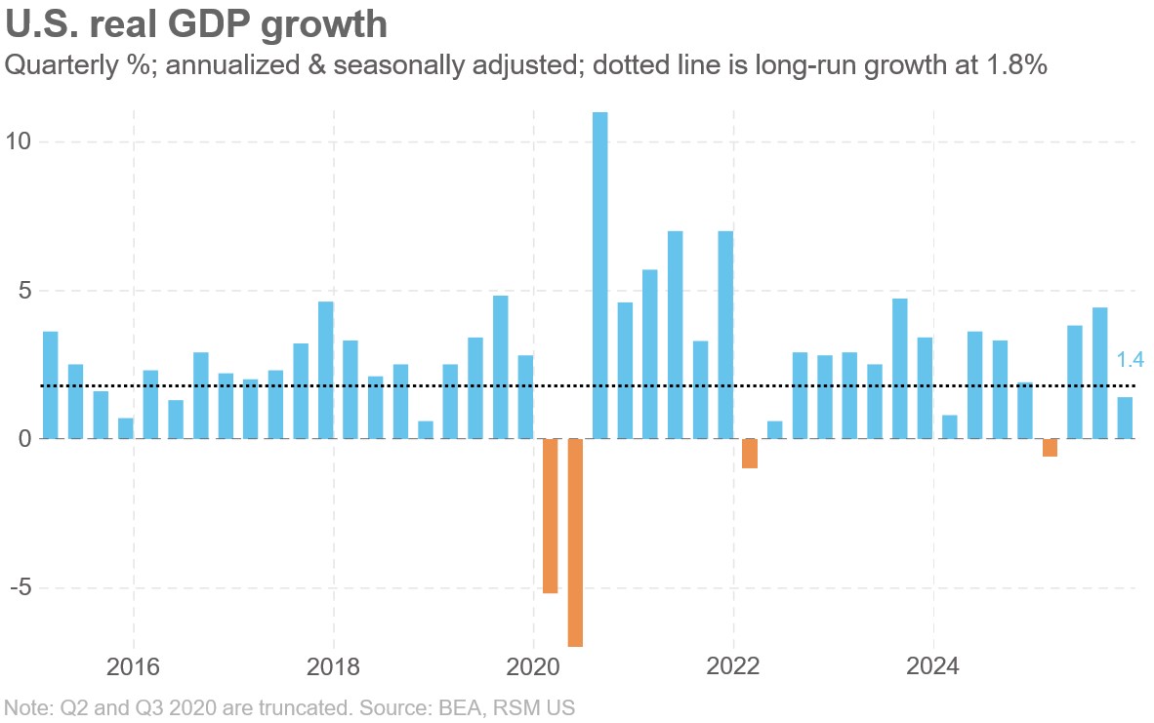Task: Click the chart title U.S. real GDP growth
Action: point(196,24)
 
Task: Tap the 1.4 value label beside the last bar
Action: point(1130,361)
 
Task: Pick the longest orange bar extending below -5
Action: point(576,542)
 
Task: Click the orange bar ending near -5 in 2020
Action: point(551,516)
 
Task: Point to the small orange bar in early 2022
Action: point(750,454)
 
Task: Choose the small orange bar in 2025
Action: point(1050,448)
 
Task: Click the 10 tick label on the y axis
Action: point(19,142)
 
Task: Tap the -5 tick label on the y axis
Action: point(19,588)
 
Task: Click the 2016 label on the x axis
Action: point(133,668)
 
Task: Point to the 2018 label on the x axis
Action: point(333,668)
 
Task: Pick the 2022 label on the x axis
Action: point(733,668)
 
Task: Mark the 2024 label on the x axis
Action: point(933,668)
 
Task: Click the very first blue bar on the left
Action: point(50,385)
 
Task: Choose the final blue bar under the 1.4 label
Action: point(1125,419)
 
